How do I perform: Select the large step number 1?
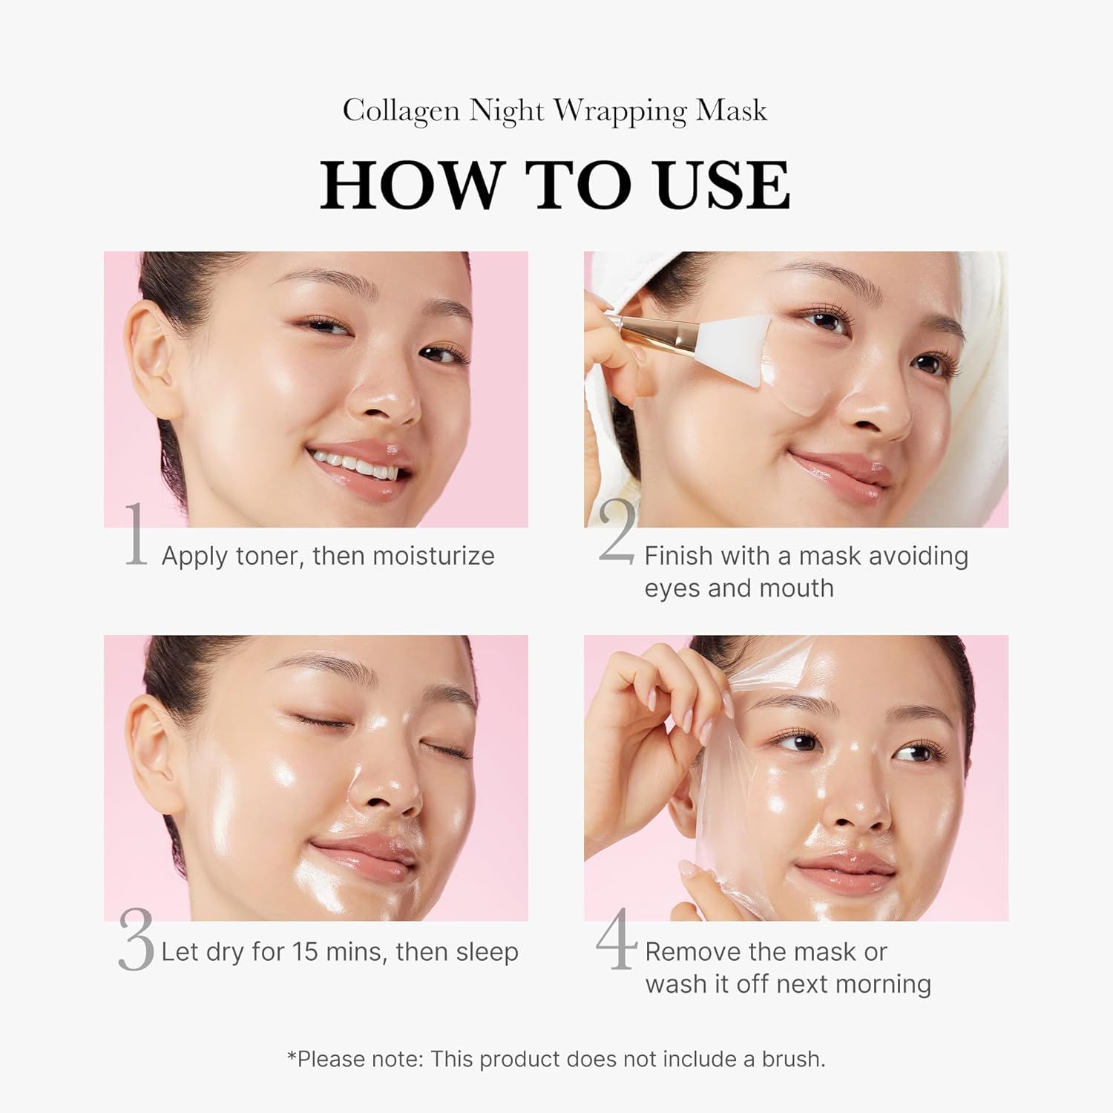tap(135, 536)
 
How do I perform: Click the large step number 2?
tap(617, 533)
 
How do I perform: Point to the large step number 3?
tap(136, 941)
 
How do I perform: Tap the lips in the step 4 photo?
tap(846, 873)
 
